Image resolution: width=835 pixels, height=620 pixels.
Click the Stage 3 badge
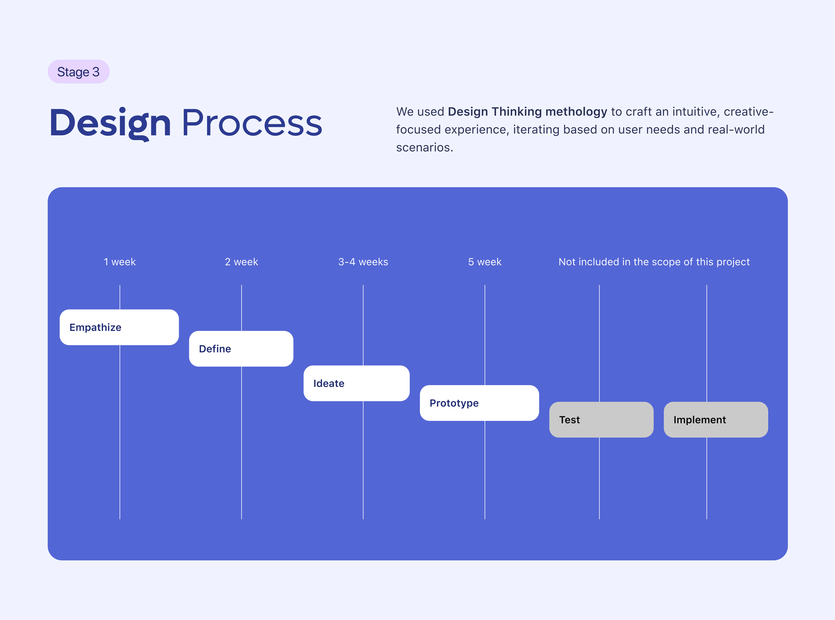pyautogui.click(x=79, y=72)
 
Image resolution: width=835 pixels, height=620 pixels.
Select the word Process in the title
pyautogui.click(x=252, y=123)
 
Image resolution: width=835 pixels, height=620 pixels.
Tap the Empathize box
pyautogui.click(x=119, y=327)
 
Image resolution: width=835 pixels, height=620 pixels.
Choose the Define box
pyautogui.click(x=241, y=349)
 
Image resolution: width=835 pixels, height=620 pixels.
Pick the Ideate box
pyautogui.click(x=356, y=383)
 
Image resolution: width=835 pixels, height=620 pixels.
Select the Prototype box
pyautogui.click(x=479, y=403)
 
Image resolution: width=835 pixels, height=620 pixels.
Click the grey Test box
pyautogui.click(x=601, y=419)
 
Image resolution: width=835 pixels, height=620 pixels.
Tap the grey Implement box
pyautogui.click(x=716, y=419)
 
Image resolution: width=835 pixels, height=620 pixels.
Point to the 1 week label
pyautogui.click(x=120, y=262)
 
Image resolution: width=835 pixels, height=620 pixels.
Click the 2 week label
pyautogui.click(x=241, y=262)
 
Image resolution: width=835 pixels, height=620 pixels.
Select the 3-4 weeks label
pyautogui.click(x=363, y=262)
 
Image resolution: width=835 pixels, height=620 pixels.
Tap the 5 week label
pyautogui.click(x=485, y=262)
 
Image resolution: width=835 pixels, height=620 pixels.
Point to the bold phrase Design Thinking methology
pyautogui.click(x=528, y=112)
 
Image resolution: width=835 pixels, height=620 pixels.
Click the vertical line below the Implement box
pyautogui.click(x=707, y=479)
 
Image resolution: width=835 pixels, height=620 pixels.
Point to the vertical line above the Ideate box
pyautogui.click(x=363, y=325)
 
